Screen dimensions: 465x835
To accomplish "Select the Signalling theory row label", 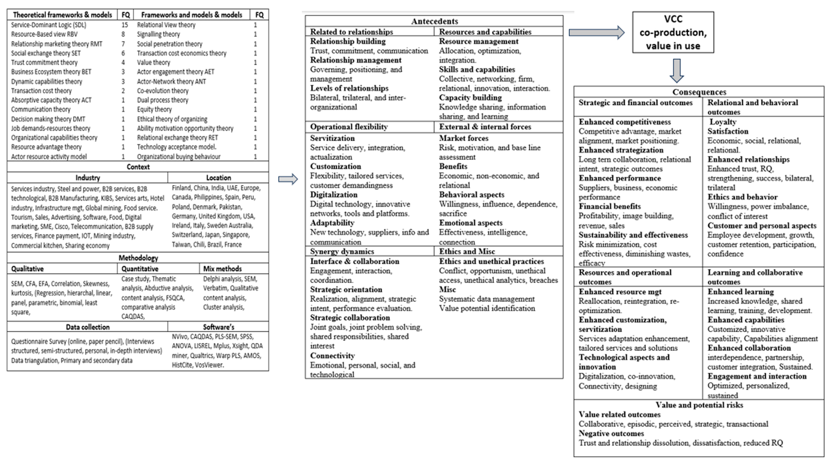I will [x=158, y=34].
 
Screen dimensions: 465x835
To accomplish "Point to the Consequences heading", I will [x=699, y=92].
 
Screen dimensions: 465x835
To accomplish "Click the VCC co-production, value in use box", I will [x=673, y=32].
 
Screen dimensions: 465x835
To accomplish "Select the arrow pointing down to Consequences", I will [x=677, y=70].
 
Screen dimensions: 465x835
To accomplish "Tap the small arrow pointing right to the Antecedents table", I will [x=288, y=179].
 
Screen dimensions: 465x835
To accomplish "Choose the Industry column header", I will [x=88, y=178].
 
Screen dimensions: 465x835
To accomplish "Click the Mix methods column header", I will [x=222, y=269].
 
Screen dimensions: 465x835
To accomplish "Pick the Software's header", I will [x=218, y=327].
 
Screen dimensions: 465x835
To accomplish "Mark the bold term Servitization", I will [x=332, y=138].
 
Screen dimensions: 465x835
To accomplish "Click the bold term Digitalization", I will [x=334, y=195].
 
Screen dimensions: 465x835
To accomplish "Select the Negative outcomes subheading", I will [x=611, y=433].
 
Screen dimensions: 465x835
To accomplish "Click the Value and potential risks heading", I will [x=699, y=405].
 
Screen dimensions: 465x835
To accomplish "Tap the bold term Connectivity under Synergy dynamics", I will [x=332, y=356].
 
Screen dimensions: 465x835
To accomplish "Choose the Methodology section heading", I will [x=138, y=258].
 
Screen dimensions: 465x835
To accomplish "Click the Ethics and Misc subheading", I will [x=467, y=251].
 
